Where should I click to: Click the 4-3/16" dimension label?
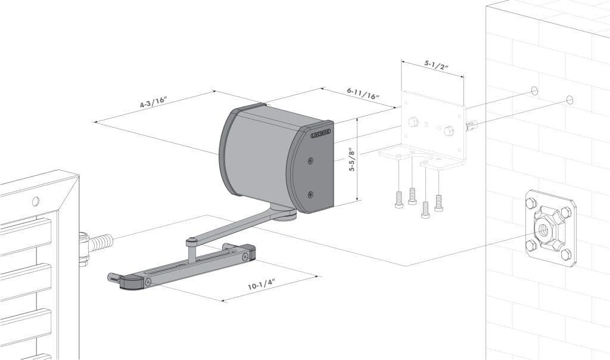[153, 102]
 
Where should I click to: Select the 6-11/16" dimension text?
[363, 92]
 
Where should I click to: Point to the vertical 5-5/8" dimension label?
[352, 160]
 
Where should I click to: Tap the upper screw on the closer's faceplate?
[310, 160]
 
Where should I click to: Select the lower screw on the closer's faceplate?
[310, 194]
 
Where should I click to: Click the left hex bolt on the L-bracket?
[413, 122]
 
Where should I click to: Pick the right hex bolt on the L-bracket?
[449, 131]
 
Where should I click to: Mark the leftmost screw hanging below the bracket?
[399, 200]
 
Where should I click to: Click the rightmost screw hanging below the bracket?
[439, 203]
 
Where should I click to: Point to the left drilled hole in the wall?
[534, 91]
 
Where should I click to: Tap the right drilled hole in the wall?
[569, 100]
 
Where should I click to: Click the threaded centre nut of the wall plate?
[546, 228]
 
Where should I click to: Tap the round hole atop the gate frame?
[36, 201]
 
